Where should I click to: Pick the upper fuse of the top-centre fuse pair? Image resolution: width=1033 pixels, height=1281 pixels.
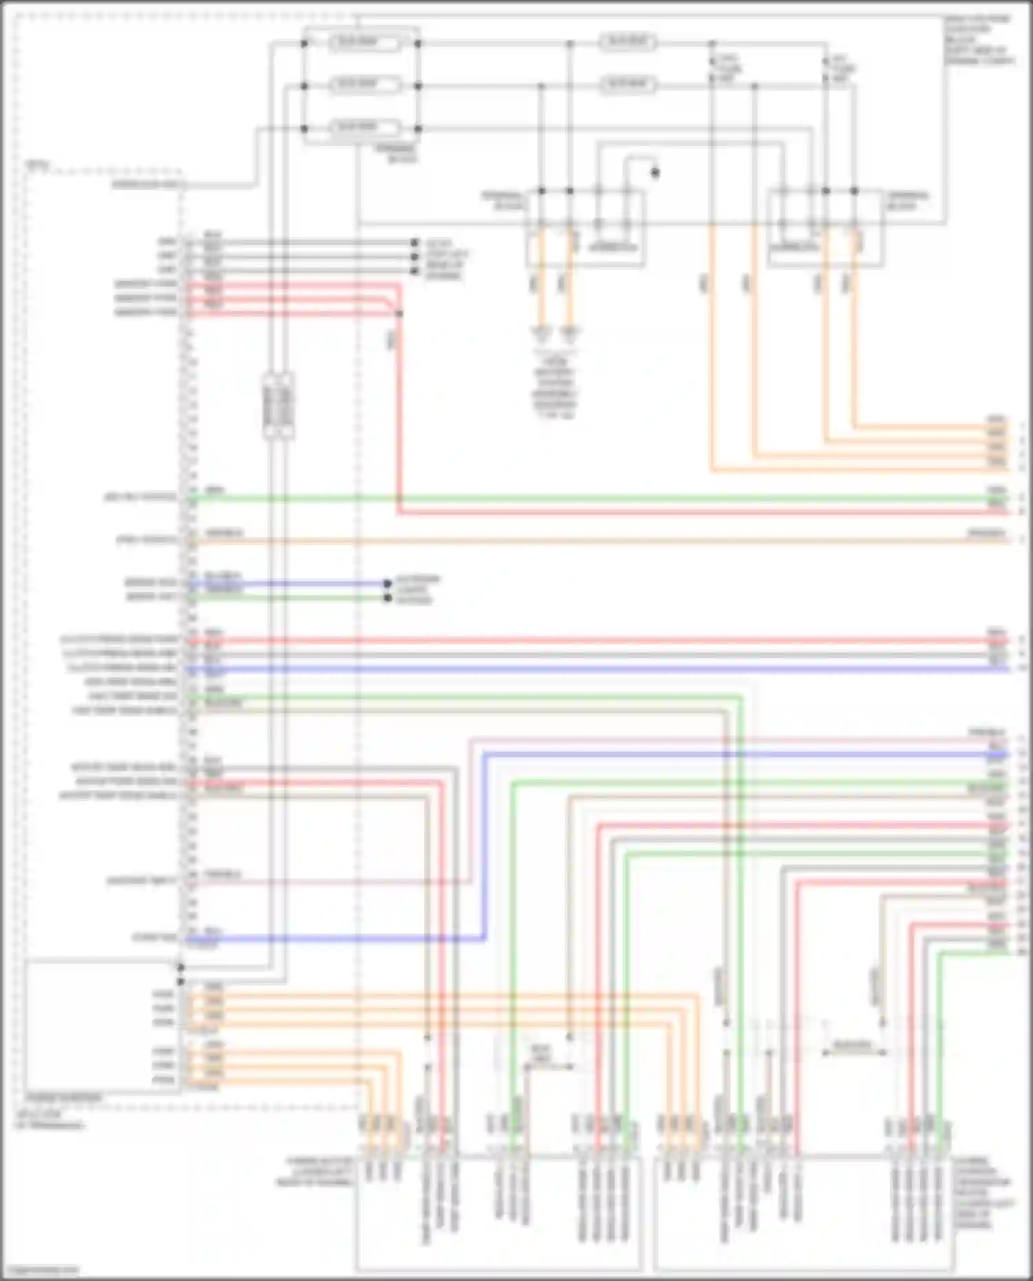coord(627,43)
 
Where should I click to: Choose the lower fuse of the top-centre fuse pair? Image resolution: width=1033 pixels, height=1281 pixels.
coord(627,85)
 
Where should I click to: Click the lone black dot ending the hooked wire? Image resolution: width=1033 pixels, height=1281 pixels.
coord(655,172)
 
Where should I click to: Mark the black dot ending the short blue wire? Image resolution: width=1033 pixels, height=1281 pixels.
coord(388,584)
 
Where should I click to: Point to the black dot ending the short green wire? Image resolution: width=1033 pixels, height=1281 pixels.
coord(388,598)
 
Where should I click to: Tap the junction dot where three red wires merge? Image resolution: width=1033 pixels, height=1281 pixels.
coord(399,313)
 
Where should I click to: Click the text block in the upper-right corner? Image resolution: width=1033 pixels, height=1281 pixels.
coord(978,40)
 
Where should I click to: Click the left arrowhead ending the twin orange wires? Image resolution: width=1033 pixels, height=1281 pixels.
coord(541,333)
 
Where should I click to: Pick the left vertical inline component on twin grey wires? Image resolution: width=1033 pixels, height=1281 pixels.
coord(271,405)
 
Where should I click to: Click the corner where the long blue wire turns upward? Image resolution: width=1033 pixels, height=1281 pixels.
coord(484,938)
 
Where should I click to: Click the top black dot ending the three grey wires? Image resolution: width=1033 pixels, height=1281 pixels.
coord(414,243)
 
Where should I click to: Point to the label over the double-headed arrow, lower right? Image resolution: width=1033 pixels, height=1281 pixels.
coord(852,1044)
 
